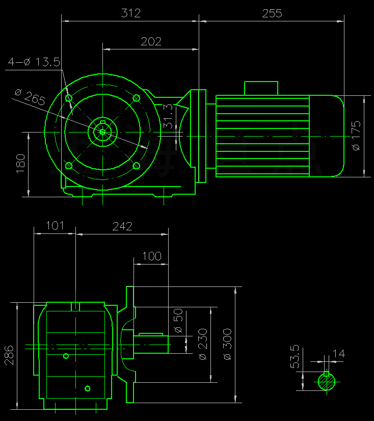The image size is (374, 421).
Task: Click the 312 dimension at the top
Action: tap(131, 14)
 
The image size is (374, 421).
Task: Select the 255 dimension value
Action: tap(272, 14)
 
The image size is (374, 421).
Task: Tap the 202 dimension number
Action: tap(151, 42)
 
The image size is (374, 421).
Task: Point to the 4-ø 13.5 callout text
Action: tap(34, 62)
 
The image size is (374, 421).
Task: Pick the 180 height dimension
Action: tap(21, 164)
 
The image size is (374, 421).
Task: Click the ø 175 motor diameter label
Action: tap(356, 136)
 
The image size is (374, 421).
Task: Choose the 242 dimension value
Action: tap(122, 226)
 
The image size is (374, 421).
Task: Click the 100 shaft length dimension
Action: tap(152, 256)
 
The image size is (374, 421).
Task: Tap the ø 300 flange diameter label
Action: tap(227, 344)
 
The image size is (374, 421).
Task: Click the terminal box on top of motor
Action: tap(261, 88)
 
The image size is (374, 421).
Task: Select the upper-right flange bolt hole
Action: tap(136, 98)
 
